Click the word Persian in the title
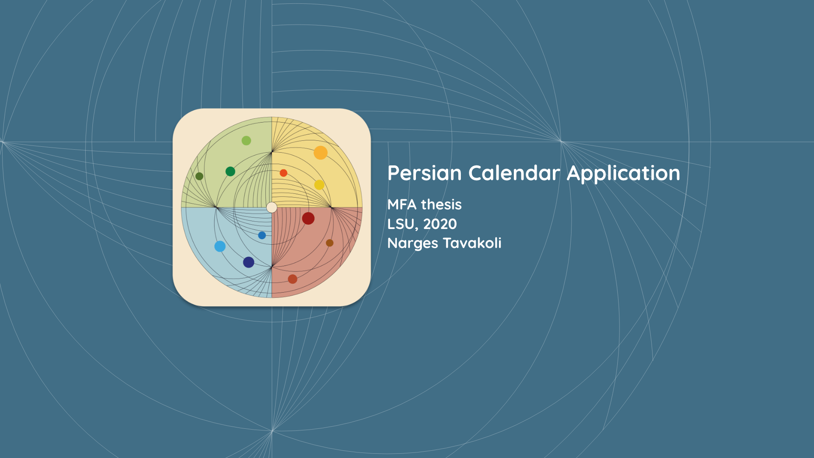[424, 173]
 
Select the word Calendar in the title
[514, 173]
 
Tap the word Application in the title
[623, 174]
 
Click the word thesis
[441, 204]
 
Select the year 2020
[440, 224]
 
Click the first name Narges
[413, 243]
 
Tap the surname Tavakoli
[472, 243]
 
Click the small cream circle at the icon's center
[272, 207]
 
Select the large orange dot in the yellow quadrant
[321, 153]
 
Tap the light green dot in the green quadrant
[246, 140]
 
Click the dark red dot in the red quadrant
[308, 218]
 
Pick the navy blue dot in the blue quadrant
[248, 262]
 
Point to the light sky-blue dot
[220, 246]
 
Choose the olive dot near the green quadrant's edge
[199, 176]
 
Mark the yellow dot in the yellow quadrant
[319, 185]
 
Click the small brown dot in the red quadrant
[329, 243]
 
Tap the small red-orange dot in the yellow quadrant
[284, 173]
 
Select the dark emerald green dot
[230, 171]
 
